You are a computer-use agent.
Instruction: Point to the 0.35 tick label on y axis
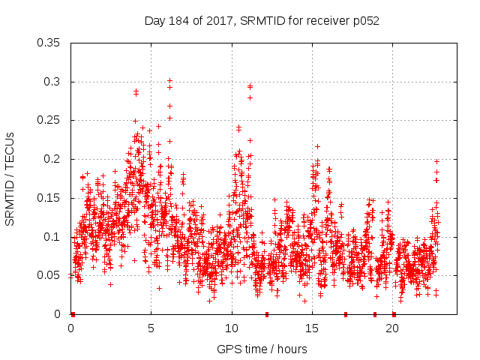click(49, 43)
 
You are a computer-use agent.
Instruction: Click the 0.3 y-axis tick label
click(53, 82)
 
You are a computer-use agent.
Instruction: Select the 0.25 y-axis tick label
click(49, 120)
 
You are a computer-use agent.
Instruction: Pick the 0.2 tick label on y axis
click(53, 159)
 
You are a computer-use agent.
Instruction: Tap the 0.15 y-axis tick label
click(49, 198)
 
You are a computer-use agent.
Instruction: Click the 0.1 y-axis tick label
click(53, 237)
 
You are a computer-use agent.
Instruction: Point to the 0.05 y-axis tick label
click(49, 275)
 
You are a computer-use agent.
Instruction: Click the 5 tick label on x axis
click(151, 329)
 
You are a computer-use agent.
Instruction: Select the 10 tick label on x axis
click(232, 329)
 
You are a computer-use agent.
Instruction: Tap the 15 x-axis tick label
click(312, 329)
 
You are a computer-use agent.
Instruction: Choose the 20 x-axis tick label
click(392, 329)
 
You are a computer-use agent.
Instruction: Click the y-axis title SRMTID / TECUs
click(10, 178)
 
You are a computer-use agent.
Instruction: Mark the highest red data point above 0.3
click(169, 79)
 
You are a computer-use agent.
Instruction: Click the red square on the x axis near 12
click(266, 314)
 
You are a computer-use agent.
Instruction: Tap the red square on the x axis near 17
click(346, 314)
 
